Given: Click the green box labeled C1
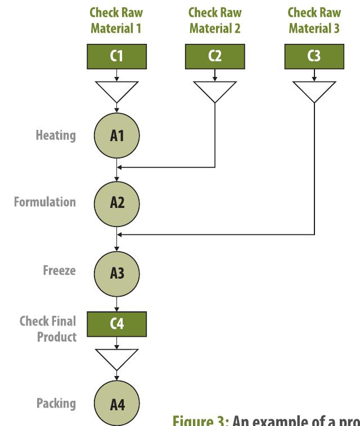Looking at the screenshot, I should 117,56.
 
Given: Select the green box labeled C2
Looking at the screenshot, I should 215,56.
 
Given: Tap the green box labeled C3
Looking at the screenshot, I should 314,56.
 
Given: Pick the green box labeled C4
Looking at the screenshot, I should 117,323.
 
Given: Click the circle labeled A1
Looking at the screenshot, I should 117,136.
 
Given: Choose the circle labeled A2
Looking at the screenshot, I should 117,202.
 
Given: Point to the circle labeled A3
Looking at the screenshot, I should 117,271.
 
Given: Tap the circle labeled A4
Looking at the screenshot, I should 117,404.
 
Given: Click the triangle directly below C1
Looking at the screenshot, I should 117,89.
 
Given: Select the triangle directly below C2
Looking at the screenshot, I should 215,89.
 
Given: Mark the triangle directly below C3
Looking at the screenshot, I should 314,89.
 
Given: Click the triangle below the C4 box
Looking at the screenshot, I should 117,356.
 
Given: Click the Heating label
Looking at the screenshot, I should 56,135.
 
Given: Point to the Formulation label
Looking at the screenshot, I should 45,202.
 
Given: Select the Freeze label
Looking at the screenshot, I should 59,270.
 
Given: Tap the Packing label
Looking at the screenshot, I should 56,403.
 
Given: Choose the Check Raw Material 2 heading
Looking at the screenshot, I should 215,20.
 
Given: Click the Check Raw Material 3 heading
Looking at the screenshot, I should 314,20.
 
